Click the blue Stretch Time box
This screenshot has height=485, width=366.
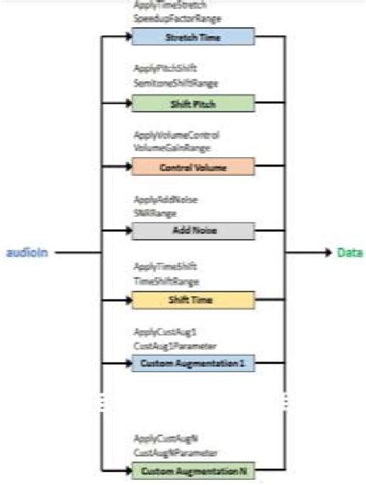[x=181, y=36]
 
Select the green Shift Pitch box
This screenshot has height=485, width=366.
[x=181, y=103]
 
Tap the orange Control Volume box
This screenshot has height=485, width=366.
[x=181, y=166]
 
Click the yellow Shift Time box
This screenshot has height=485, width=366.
[x=181, y=299]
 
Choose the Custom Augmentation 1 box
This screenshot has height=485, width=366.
[x=181, y=362]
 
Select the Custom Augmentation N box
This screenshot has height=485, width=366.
[x=181, y=470]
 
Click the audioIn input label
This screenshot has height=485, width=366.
[x=28, y=252]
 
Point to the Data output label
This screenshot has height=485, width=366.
[x=350, y=252]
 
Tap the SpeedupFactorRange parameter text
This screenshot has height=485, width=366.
[x=166, y=17]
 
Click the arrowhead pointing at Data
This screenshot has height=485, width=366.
[x=328, y=252]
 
